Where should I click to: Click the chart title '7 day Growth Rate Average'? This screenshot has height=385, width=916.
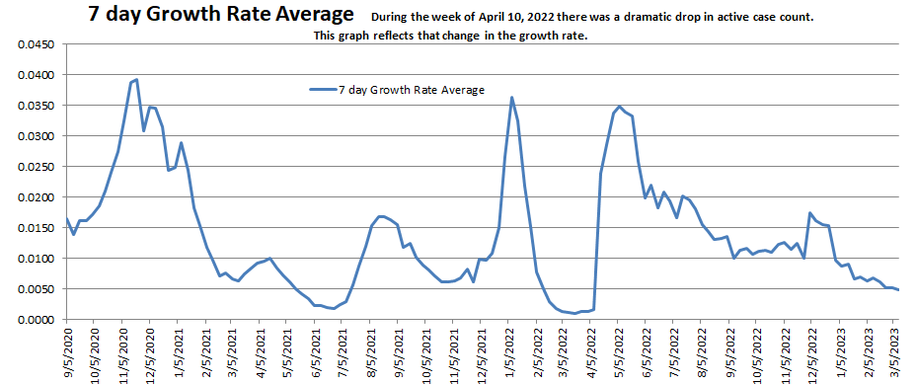(219, 16)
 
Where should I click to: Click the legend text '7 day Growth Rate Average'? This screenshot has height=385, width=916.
(411, 90)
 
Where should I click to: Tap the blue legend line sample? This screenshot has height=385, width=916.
(322, 90)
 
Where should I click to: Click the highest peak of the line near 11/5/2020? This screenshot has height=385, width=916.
(136, 79)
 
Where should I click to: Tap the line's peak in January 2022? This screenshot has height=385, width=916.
(511, 97)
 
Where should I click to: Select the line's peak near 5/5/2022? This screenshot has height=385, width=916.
(619, 107)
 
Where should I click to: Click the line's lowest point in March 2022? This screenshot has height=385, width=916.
(575, 313)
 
